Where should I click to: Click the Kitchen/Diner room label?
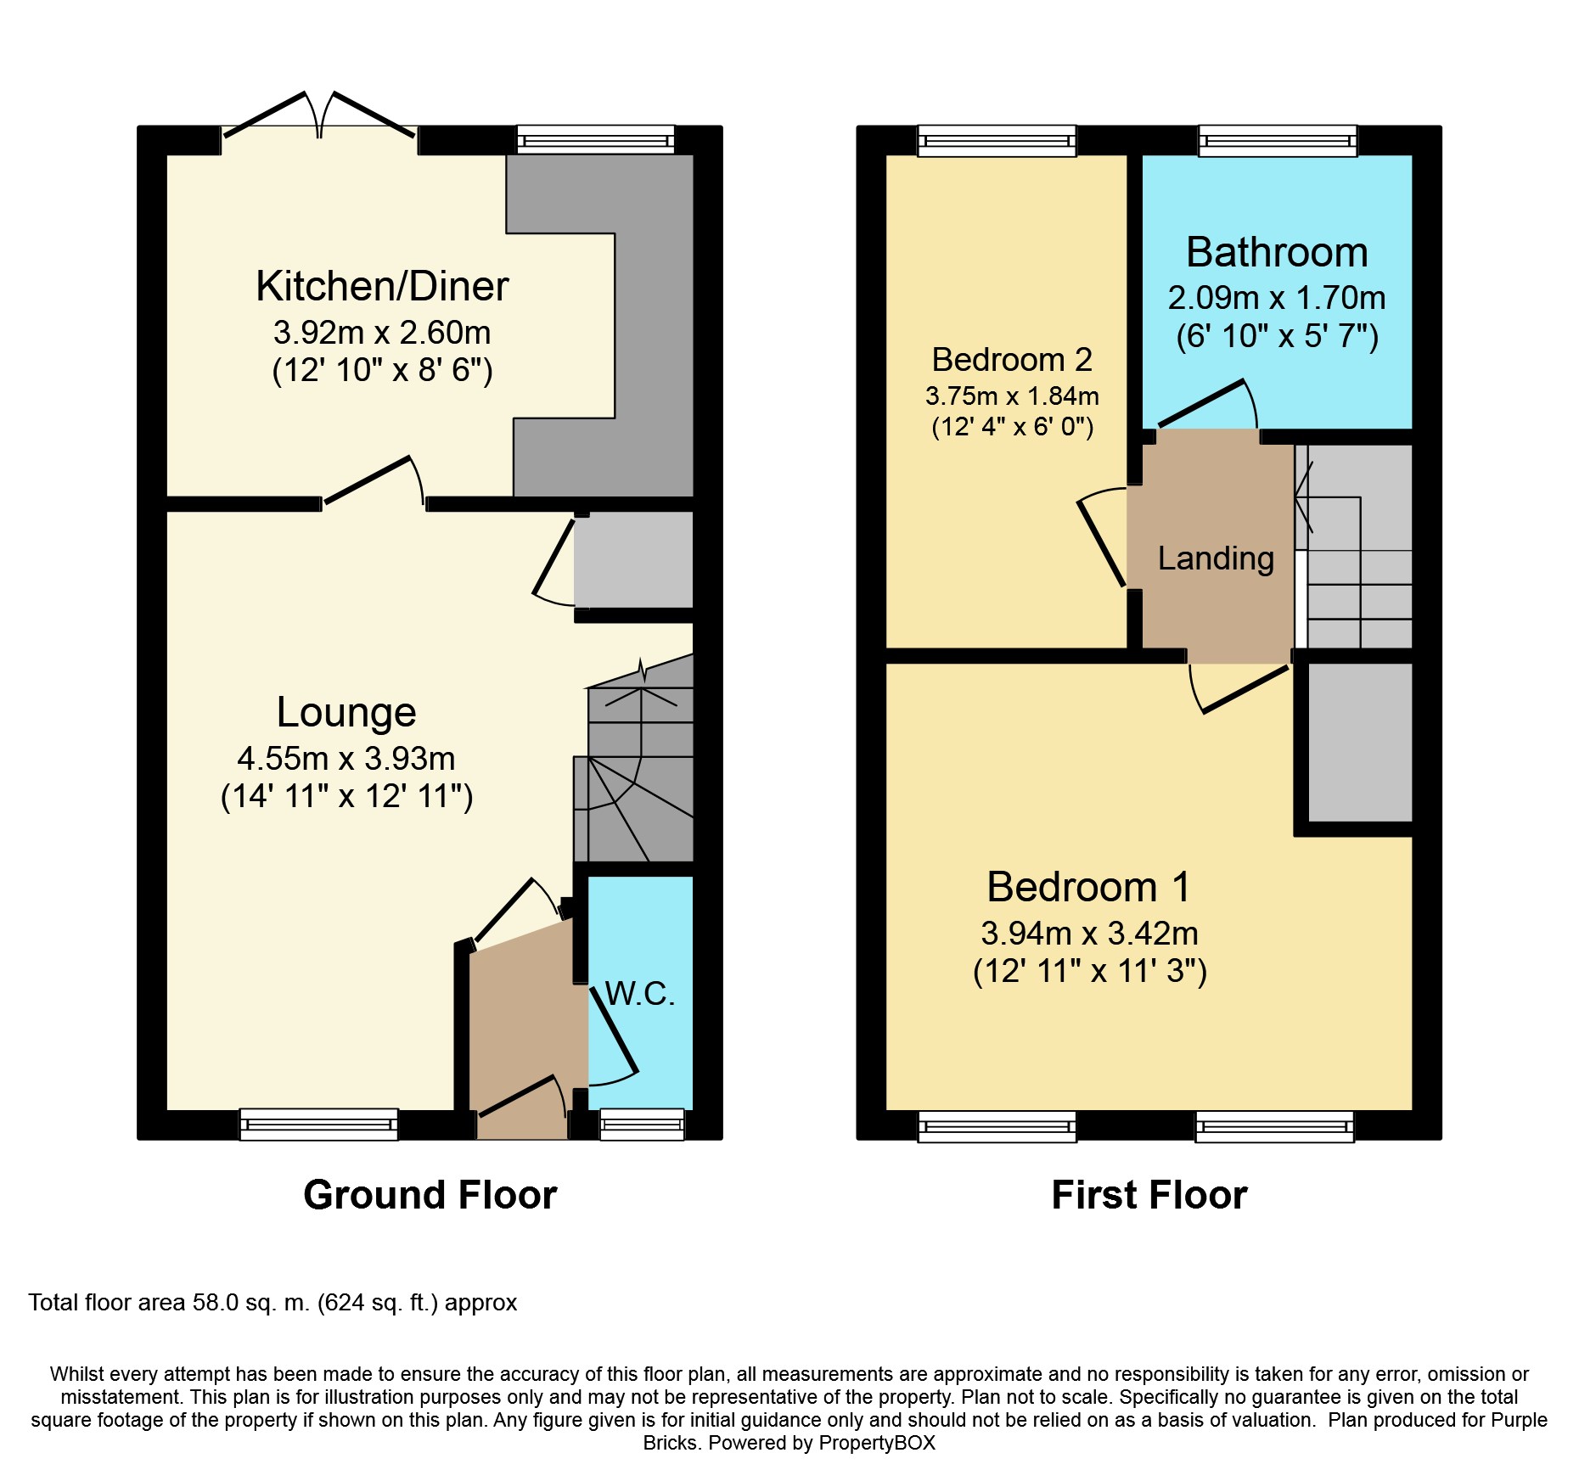pyautogui.click(x=382, y=287)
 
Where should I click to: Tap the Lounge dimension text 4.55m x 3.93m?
pyautogui.click(x=346, y=758)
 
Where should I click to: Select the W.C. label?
pyautogui.click(x=640, y=993)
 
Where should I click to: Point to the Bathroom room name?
pyautogui.click(x=1277, y=253)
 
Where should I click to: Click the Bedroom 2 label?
pyautogui.click(x=1012, y=360)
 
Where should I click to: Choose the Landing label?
pyautogui.click(x=1216, y=558)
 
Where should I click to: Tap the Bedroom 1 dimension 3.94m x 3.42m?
pyautogui.click(x=1089, y=934)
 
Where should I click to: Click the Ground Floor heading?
pyautogui.click(x=430, y=1195)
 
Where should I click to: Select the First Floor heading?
pyautogui.click(x=1149, y=1195)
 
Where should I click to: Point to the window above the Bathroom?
pyautogui.click(x=1278, y=140)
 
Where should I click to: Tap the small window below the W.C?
pyautogui.click(x=642, y=1125)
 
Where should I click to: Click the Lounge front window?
pyautogui.click(x=319, y=1125)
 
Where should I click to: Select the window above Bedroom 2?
pyautogui.click(x=997, y=140)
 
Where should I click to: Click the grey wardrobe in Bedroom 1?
pyautogui.click(x=1359, y=742)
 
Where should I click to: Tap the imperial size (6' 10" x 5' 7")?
pyautogui.click(x=1277, y=337)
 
